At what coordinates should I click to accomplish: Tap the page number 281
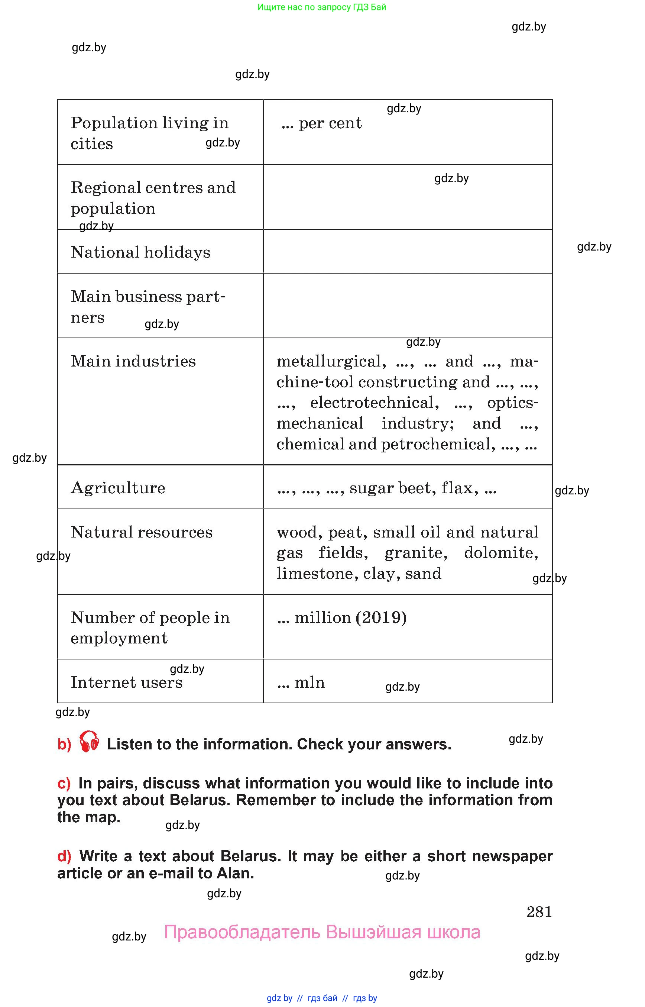[539, 912]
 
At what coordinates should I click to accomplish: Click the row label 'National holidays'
[140, 252]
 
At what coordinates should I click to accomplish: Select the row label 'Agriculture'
[118, 488]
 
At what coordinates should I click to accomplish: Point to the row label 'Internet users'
[126, 682]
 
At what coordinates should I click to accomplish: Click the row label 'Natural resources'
[142, 532]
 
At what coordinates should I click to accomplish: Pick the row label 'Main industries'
[133, 361]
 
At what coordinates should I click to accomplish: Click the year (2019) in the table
[381, 618]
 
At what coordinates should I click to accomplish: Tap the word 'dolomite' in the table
[500, 553]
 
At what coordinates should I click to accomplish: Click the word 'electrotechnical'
[375, 403]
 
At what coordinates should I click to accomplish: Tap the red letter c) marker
[64, 784]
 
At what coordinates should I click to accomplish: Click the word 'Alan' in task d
[235, 873]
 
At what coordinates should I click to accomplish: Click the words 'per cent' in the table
[330, 123]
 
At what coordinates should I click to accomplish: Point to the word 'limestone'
[317, 573]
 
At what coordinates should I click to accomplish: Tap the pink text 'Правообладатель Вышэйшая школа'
[322, 932]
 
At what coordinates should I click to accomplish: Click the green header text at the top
[322, 7]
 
